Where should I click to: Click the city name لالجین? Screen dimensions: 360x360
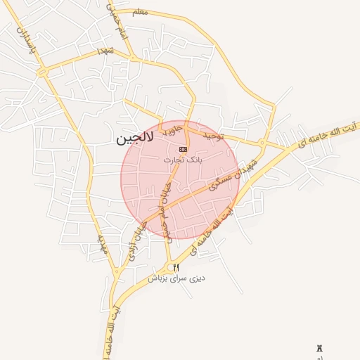pyautogui.click(x=133, y=139)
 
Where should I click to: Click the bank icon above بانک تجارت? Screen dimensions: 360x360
pyautogui.click(x=184, y=149)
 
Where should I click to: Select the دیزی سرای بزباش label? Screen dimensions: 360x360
pyautogui.click(x=176, y=278)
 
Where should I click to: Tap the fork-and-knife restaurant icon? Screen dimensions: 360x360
pyautogui.click(x=176, y=267)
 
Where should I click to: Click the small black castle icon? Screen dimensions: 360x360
pyautogui.click(x=320, y=348)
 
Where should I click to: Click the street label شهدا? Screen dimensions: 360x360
pyautogui.click(x=105, y=51)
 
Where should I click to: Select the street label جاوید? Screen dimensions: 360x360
pyautogui.click(x=173, y=129)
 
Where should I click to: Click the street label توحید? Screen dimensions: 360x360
pyautogui.click(x=212, y=134)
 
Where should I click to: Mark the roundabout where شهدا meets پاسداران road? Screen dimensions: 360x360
pyautogui.click(x=42, y=72)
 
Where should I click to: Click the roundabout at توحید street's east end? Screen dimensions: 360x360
pyautogui.click(x=262, y=143)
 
